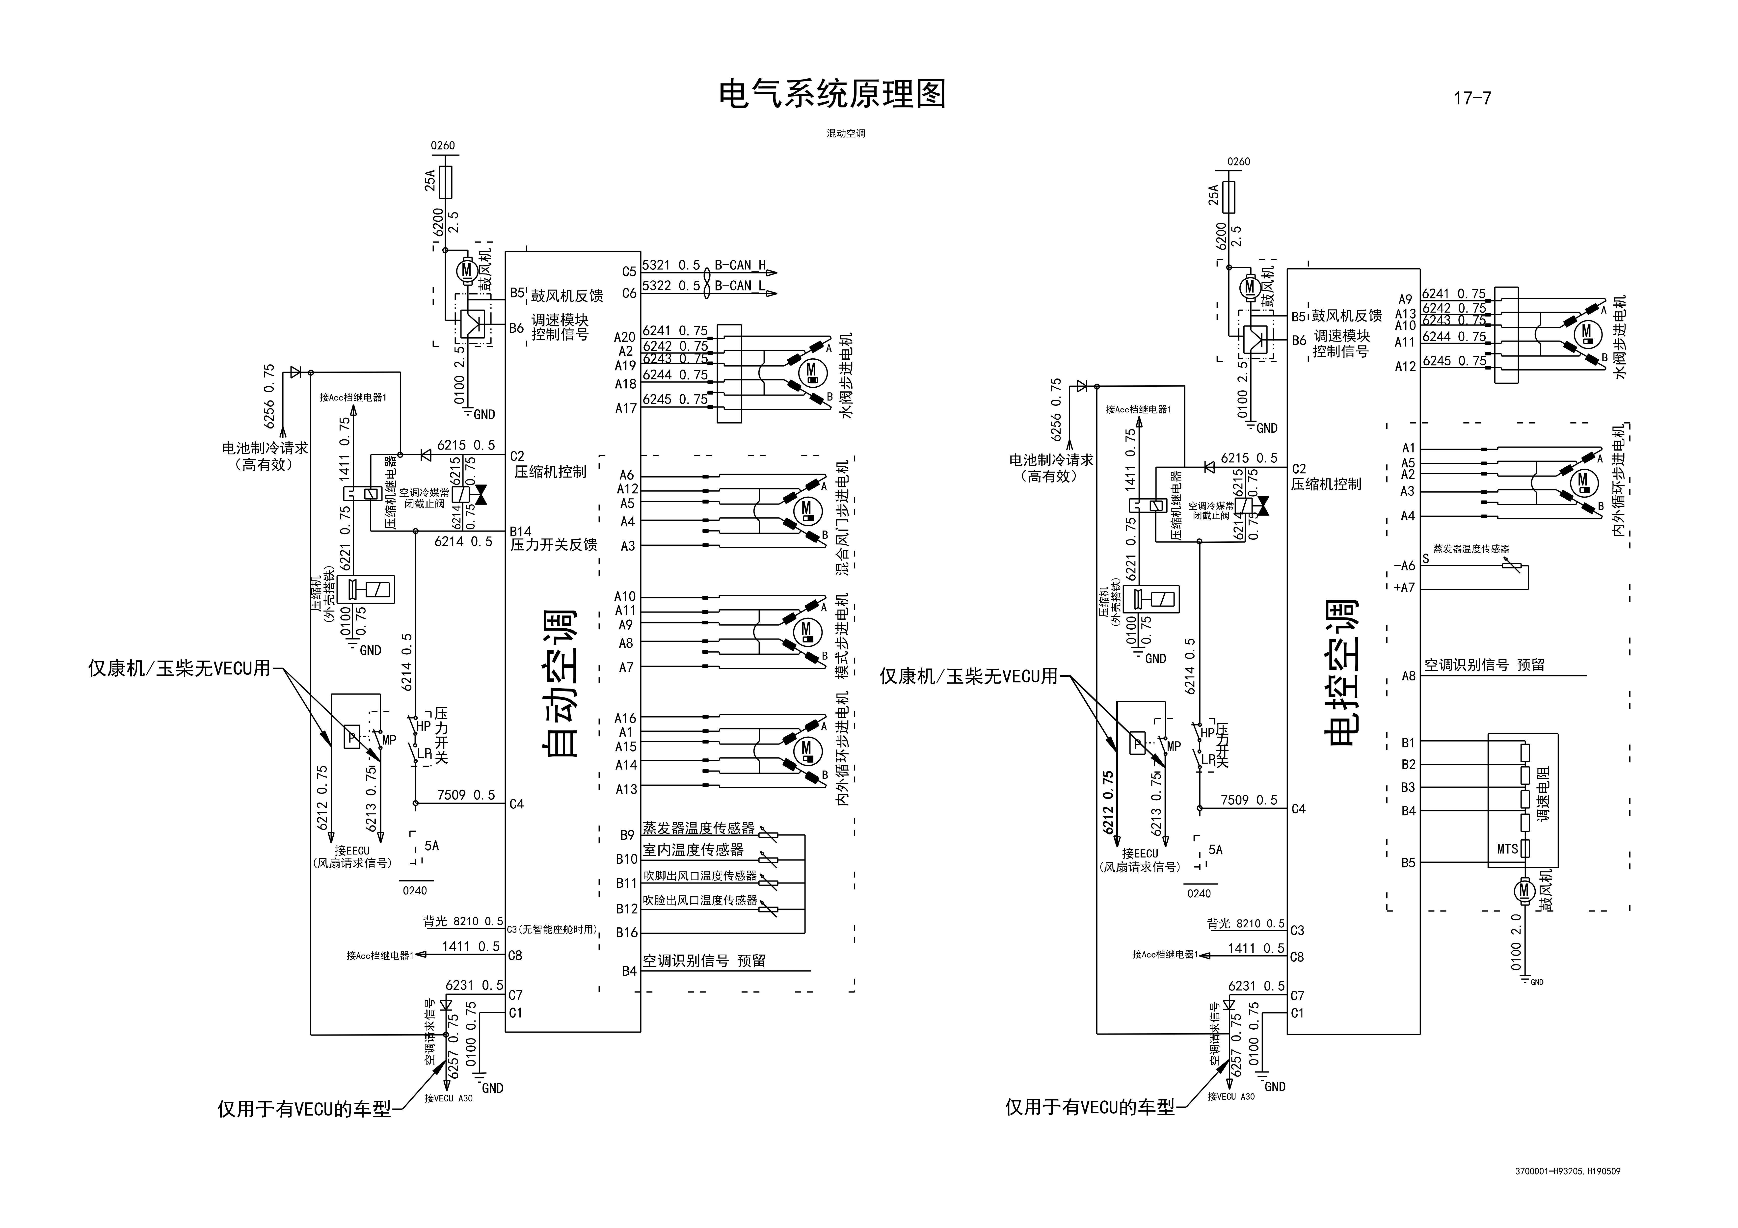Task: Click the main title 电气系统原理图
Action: point(832,95)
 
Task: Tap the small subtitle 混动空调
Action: point(846,133)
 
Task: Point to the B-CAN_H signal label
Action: point(740,265)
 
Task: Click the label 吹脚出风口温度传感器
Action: point(699,875)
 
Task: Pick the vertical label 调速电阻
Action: point(1544,793)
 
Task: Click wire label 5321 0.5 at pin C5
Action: point(671,265)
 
